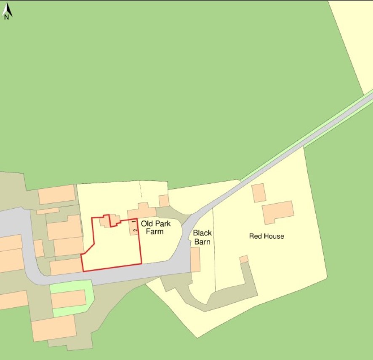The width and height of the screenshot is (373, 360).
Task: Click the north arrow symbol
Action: point(7,11)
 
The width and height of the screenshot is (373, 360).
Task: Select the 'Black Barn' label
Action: point(202,237)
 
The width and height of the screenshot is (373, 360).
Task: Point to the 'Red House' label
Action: point(266,236)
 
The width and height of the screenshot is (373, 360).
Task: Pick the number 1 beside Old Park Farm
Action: point(135,222)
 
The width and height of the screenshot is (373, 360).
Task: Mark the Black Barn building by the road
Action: point(195,259)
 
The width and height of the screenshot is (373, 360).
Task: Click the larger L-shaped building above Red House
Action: point(277,212)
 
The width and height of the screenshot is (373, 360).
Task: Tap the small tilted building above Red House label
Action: point(258,193)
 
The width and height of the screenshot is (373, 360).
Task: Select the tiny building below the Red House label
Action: point(244,259)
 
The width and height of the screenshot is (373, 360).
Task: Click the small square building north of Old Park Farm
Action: point(164,201)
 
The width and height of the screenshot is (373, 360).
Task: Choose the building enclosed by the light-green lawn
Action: point(68,299)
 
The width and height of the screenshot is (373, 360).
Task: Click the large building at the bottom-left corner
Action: point(54,328)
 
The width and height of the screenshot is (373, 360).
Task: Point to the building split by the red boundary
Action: point(109,220)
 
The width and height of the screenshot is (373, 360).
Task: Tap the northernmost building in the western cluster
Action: point(56,194)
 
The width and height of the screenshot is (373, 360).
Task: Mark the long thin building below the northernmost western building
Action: point(48,210)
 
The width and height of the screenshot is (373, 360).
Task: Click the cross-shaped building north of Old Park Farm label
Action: point(142,210)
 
